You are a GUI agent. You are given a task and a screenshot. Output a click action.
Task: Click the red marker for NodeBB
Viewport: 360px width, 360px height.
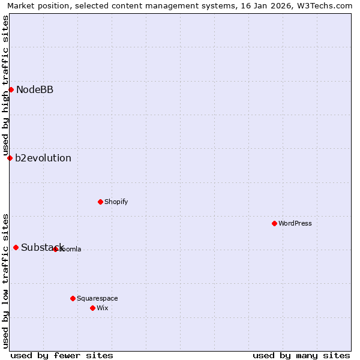click(11, 89)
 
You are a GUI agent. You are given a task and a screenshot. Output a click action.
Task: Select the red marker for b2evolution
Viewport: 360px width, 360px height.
click(10, 158)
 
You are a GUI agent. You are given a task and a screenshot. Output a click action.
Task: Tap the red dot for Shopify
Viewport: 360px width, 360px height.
click(100, 202)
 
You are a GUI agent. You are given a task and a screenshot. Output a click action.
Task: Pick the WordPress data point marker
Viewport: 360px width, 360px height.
click(274, 223)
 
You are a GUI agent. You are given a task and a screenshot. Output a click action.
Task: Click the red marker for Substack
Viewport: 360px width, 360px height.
click(16, 247)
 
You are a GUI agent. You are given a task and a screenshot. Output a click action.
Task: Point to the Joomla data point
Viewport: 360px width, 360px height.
click(55, 249)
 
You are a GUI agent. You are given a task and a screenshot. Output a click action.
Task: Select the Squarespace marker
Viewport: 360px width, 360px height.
click(73, 298)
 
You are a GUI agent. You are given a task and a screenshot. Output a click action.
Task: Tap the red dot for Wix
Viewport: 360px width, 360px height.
click(92, 308)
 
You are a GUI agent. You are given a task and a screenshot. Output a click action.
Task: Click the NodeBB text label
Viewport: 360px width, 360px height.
click(35, 90)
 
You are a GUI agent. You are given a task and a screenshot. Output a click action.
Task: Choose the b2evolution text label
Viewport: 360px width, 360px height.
click(43, 158)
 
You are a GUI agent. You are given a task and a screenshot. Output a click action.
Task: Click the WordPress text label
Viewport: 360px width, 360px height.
click(295, 223)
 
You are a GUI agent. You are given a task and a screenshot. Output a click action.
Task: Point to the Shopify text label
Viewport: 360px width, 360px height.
click(116, 202)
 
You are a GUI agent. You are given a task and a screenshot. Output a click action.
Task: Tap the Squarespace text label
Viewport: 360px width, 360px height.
click(97, 298)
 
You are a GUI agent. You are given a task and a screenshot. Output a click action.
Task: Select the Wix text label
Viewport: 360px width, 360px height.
click(103, 308)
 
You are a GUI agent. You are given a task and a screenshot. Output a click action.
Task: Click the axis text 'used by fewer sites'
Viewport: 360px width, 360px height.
click(62, 355)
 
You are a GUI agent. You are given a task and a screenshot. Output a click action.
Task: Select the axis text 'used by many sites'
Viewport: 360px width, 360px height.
click(301, 355)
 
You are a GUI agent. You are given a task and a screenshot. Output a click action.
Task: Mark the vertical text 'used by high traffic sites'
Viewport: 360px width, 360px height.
click(5, 86)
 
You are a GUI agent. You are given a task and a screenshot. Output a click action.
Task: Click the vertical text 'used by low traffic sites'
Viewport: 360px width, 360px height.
click(5, 280)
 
